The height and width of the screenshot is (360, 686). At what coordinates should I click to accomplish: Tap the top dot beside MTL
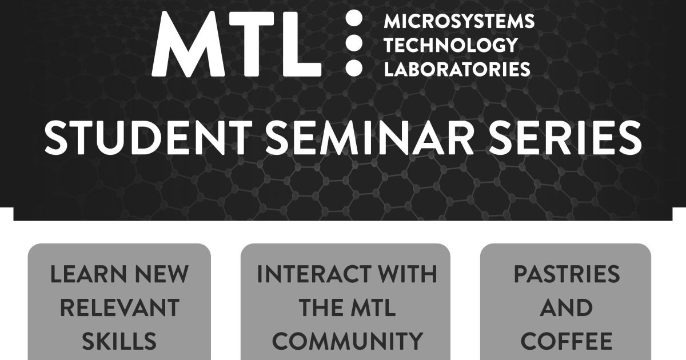point(354,19)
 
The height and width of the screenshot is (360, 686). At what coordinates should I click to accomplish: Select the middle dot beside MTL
point(354,43)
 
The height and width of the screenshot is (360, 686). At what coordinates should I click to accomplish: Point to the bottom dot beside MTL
point(354,67)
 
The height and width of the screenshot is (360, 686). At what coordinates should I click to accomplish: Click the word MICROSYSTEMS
point(459,22)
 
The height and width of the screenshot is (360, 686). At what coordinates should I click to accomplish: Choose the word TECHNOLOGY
point(451,45)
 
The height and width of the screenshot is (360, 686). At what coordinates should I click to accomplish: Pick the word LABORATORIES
point(457,69)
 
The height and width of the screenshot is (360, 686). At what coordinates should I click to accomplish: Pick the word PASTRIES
point(567,275)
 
